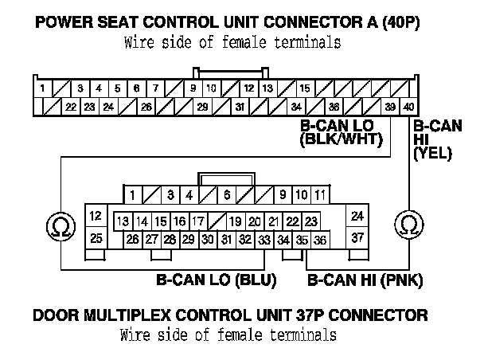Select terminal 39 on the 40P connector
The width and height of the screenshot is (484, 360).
pyautogui.click(x=390, y=107)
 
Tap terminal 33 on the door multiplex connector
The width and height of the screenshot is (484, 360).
pyautogui.click(x=264, y=239)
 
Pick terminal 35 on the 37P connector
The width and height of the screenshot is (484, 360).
pyautogui.click(x=302, y=239)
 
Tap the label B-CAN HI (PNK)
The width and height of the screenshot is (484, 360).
pyautogui.click(x=365, y=280)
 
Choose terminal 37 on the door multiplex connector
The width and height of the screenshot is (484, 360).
pyautogui.click(x=357, y=237)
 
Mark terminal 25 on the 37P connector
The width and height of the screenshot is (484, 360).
pyautogui.click(x=96, y=237)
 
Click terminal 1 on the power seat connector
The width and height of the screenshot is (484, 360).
pyautogui.click(x=41, y=88)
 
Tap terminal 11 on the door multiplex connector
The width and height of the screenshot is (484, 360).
pyautogui.click(x=320, y=194)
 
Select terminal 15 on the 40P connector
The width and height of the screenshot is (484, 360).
pyautogui.click(x=306, y=88)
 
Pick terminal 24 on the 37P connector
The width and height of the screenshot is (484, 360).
pyautogui.click(x=357, y=216)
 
